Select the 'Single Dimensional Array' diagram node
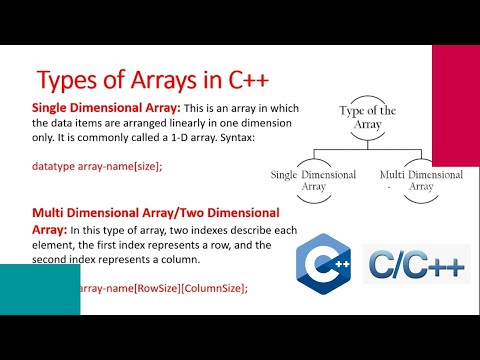[x=313, y=180]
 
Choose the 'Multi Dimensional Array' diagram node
[x=421, y=180]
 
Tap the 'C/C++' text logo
[x=416, y=263]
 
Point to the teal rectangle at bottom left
[x=40, y=289]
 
